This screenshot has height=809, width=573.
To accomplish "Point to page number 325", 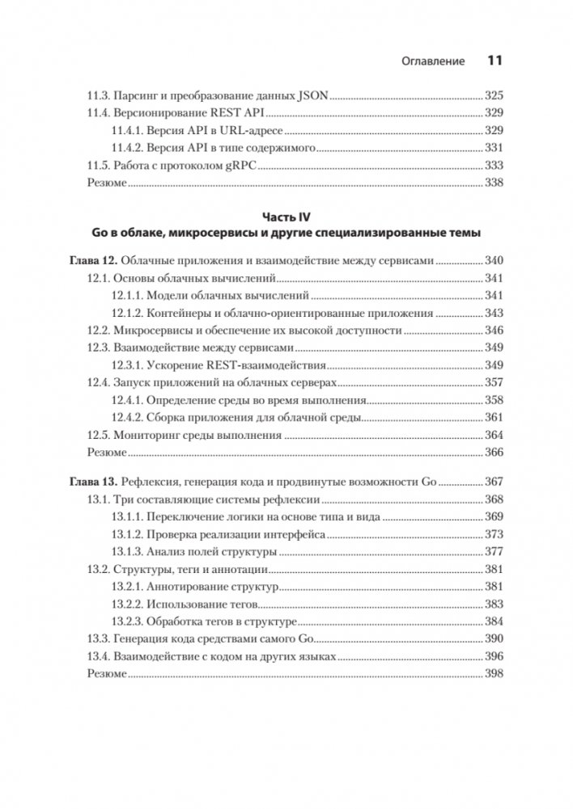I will [494, 94].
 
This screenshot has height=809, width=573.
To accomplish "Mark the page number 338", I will [494, 183].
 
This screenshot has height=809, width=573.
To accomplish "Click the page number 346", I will [494, 331].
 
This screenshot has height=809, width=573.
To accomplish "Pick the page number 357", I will [494, 383].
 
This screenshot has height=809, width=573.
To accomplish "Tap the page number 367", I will [494, 482].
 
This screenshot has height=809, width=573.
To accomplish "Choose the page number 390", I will [494, 639].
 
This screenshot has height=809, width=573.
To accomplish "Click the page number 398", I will [494, 674].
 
